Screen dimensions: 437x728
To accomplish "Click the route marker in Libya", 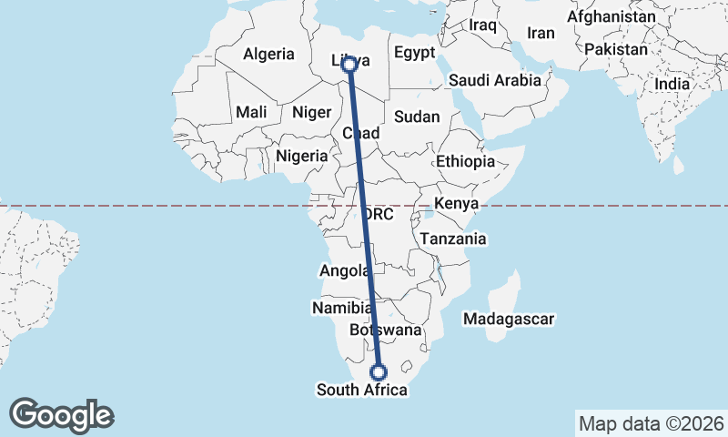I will click(x=349, y=64).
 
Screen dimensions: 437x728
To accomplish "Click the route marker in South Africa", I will click(x=379, y=371).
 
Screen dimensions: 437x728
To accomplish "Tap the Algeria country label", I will click(x=268, y=55).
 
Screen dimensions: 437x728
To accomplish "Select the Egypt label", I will click(x=416, y=53).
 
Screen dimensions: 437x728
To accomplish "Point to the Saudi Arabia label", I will click(x=495, y=80).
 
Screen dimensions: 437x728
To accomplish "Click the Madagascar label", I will click(x=509, y=320).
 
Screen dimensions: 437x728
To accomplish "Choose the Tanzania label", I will click(x=452, y=239).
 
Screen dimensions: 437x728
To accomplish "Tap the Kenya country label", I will click(x=457, y=203).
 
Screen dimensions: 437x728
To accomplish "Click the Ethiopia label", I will click(x=465, y=161).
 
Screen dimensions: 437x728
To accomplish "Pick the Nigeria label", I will click(x=301, y=156).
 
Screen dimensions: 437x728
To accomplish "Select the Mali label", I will click(x=250, y=112).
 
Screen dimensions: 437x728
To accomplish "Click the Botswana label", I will click(x=386, y=330).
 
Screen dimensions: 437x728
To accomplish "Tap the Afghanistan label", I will click(x=611, y=17).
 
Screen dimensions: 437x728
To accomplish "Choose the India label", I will click(x=673, y=84).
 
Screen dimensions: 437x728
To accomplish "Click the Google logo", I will click(x=61, y=415).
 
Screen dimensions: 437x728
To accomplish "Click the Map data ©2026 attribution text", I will click(x=651, y=423).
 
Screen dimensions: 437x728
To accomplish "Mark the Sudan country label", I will click(x=417, y=117).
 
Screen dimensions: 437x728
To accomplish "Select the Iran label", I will click(x=541, y=33).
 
